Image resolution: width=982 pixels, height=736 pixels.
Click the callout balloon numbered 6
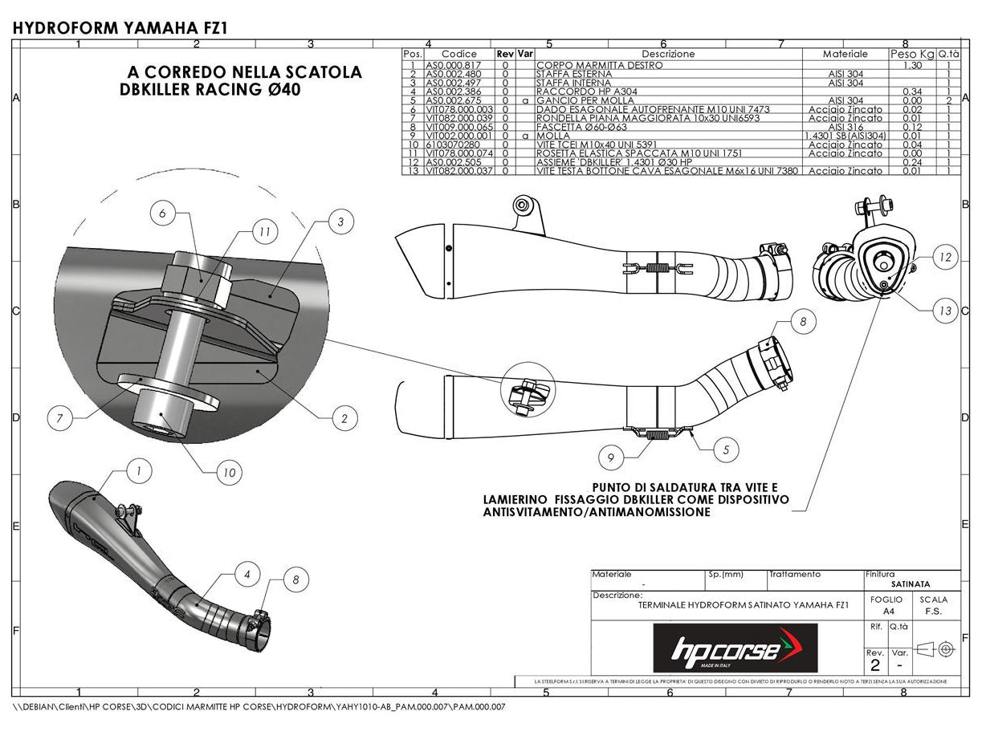pyautogui.click(x=162, y=214)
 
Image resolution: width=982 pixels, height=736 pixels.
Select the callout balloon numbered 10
pyautogui.click(x=229, y=473)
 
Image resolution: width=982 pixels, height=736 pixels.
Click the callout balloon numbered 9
pyautogui.click(x=611, y=457)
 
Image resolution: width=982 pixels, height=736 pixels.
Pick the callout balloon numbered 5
pyautogui.click(x=726, y=450)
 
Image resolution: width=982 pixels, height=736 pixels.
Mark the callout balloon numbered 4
pyautogui.click(x=247, y=574)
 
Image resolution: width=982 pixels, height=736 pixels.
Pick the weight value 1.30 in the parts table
pyautogui.click(x=911, y=66)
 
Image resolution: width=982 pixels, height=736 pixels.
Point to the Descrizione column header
pyautogui.click(x=668, y=54)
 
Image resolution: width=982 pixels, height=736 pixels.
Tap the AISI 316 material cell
pyautogui.click(x=845, y=127)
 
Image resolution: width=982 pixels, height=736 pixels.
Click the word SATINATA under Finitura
pyautogui.click(x=911, y=585)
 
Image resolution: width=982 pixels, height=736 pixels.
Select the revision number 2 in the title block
pyautogui.click(x=874, y=665)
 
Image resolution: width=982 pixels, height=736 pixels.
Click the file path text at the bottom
pyautogui.click(x=259, y=707)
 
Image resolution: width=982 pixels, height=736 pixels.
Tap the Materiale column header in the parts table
pyautogui.click(x=845, y=54)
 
